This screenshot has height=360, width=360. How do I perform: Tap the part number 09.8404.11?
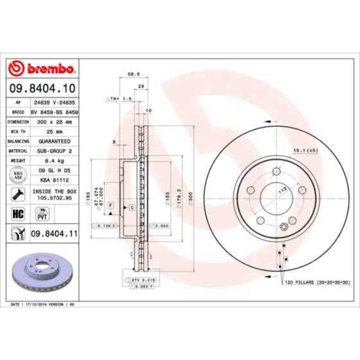pyautogui.click(x=53, y=234)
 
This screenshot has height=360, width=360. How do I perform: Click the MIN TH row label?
pyautogui.click(x=15, y=131)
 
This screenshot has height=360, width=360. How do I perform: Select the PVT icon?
pyautogui.click(x=41, y=214)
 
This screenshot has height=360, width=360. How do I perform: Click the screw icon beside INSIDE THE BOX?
pyautogui.click(x=17, y=194)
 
